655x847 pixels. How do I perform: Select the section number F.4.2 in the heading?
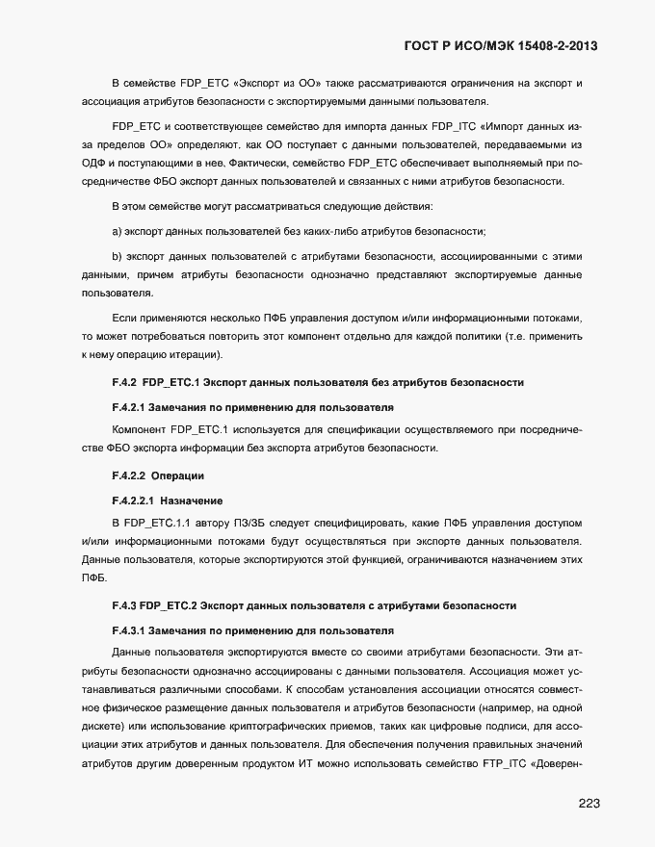[125, 382]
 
